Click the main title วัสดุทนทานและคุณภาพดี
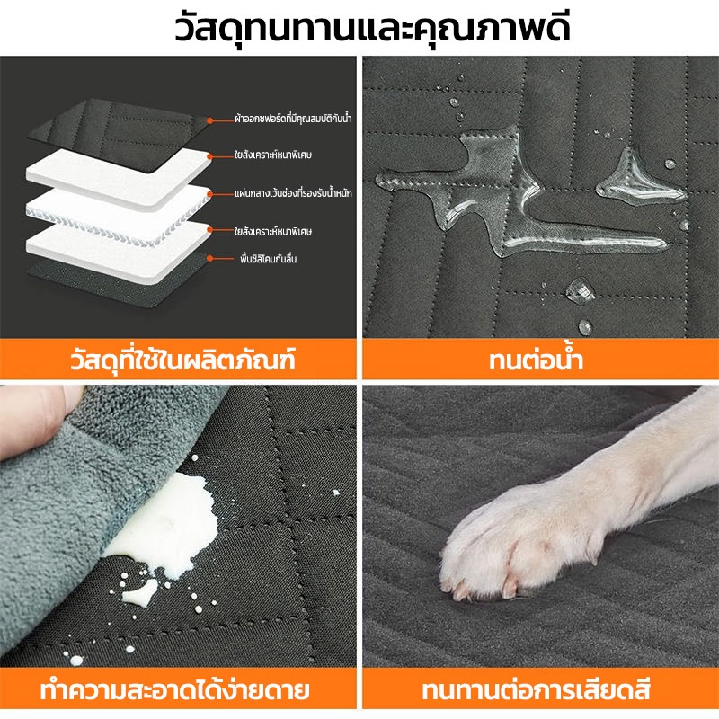(x=372, y=28)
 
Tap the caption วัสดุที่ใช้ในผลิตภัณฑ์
(x=182, y=359)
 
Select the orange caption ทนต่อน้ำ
(x=536, y=359)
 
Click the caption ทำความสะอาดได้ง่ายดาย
(x=174, y=690)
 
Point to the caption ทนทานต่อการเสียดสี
(x=536, y=690)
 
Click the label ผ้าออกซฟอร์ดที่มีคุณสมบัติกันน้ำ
(x=293, y=119)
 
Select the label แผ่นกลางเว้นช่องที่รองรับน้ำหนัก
(x=293, y=193)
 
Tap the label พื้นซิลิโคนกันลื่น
(x=268, y=259)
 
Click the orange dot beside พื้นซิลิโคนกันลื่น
(x=209, y=259)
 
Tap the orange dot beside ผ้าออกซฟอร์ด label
(x=209, y=120)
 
